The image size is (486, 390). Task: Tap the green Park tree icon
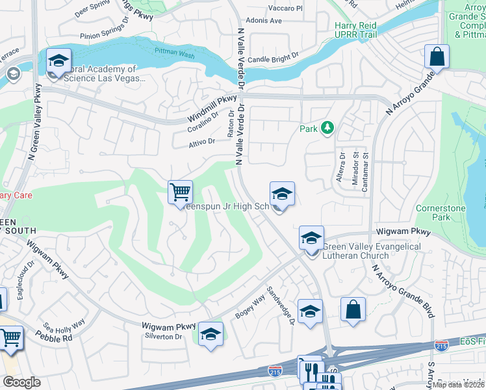click(327, 128)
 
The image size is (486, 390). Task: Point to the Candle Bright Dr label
click(272, 59)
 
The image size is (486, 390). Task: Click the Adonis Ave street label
click(266, 21)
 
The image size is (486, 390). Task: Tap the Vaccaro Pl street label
click(286, 8)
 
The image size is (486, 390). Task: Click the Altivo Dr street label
click(202, 142)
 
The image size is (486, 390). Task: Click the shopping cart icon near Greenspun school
click(180, 192)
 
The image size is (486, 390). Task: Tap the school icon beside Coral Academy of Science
click(58, 62)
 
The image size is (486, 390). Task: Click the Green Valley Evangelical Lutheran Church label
click(371, 251)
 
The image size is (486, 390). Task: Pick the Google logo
click(22, 382)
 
